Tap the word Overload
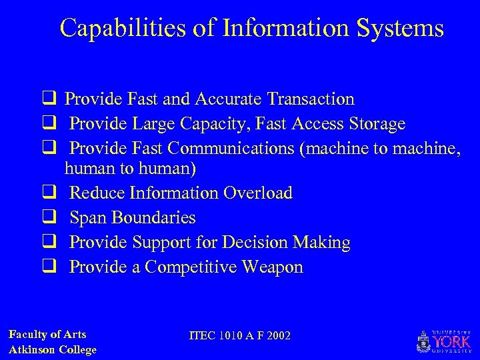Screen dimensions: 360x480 [x=258, y=193]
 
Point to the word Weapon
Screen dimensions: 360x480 [x=273, y=267]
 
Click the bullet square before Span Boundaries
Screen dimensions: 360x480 [x=49, y=218]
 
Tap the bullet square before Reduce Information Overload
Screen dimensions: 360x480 [x=49, y=193]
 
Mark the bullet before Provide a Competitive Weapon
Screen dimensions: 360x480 [x=49, y=267]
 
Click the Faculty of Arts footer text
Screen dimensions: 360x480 [x=47, y=335]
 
